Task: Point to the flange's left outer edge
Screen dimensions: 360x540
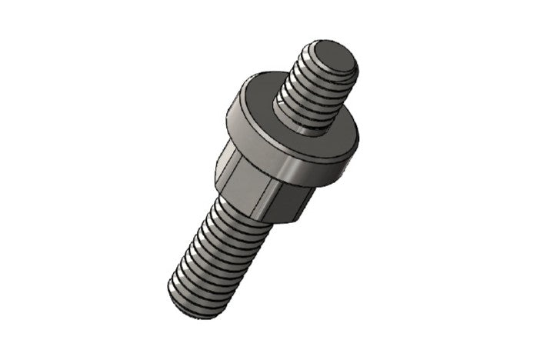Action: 228,123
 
